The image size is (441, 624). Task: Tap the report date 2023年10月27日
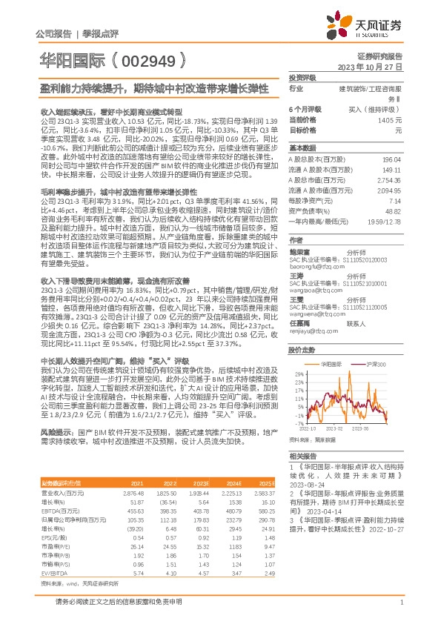[x=374, y=67]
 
